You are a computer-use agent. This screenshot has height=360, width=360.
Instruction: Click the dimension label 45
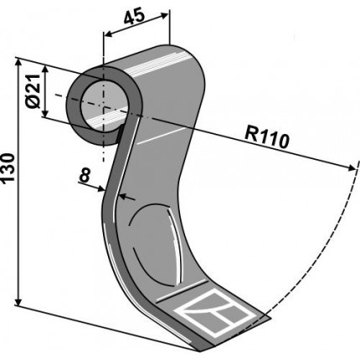tap(134, 17)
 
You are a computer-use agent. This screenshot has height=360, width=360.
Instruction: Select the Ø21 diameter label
tap(33, 91)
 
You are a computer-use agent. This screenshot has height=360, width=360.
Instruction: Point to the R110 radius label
tap(266, 137)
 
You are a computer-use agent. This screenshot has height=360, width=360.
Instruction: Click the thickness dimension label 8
tap(85, 176)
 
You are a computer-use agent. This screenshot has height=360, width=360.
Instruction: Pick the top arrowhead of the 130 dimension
tap(18, 64)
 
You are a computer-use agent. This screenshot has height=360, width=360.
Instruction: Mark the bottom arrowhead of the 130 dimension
tap(18, 301)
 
